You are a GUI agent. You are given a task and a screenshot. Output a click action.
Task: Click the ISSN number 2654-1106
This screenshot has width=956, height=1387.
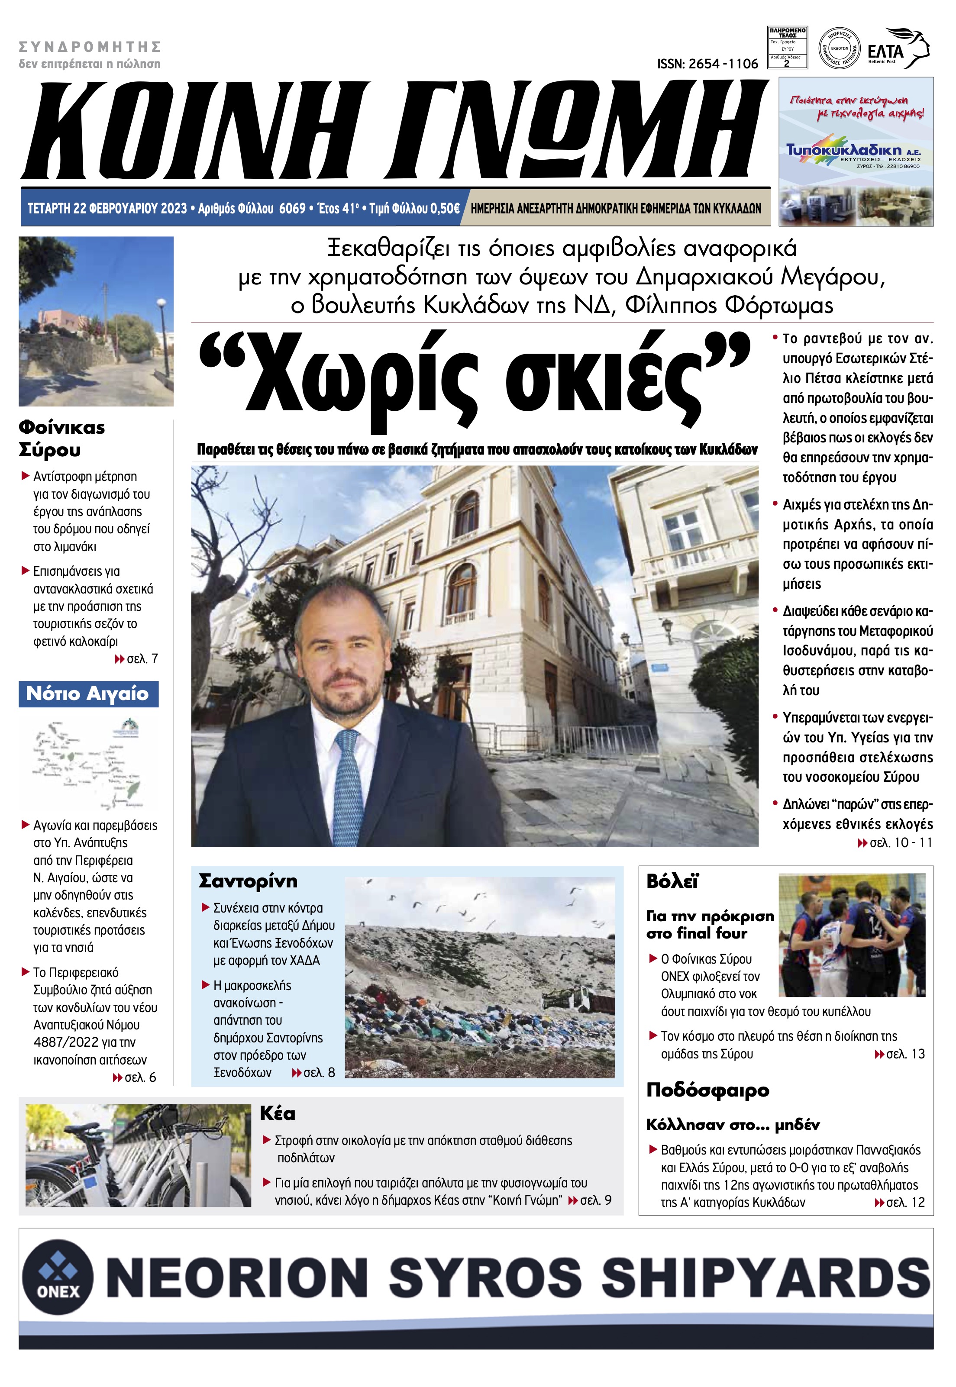tap(707, 64)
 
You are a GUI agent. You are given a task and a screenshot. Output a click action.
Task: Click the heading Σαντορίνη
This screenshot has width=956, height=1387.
tap(248, 881)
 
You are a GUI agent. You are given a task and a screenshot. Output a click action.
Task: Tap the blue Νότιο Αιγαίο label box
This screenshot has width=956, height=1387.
tap(88, 693)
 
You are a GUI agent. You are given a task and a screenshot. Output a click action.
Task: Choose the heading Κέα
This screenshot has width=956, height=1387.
tap(278, 1113)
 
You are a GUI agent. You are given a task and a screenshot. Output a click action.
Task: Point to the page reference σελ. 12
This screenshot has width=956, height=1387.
tap(905, 1202)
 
